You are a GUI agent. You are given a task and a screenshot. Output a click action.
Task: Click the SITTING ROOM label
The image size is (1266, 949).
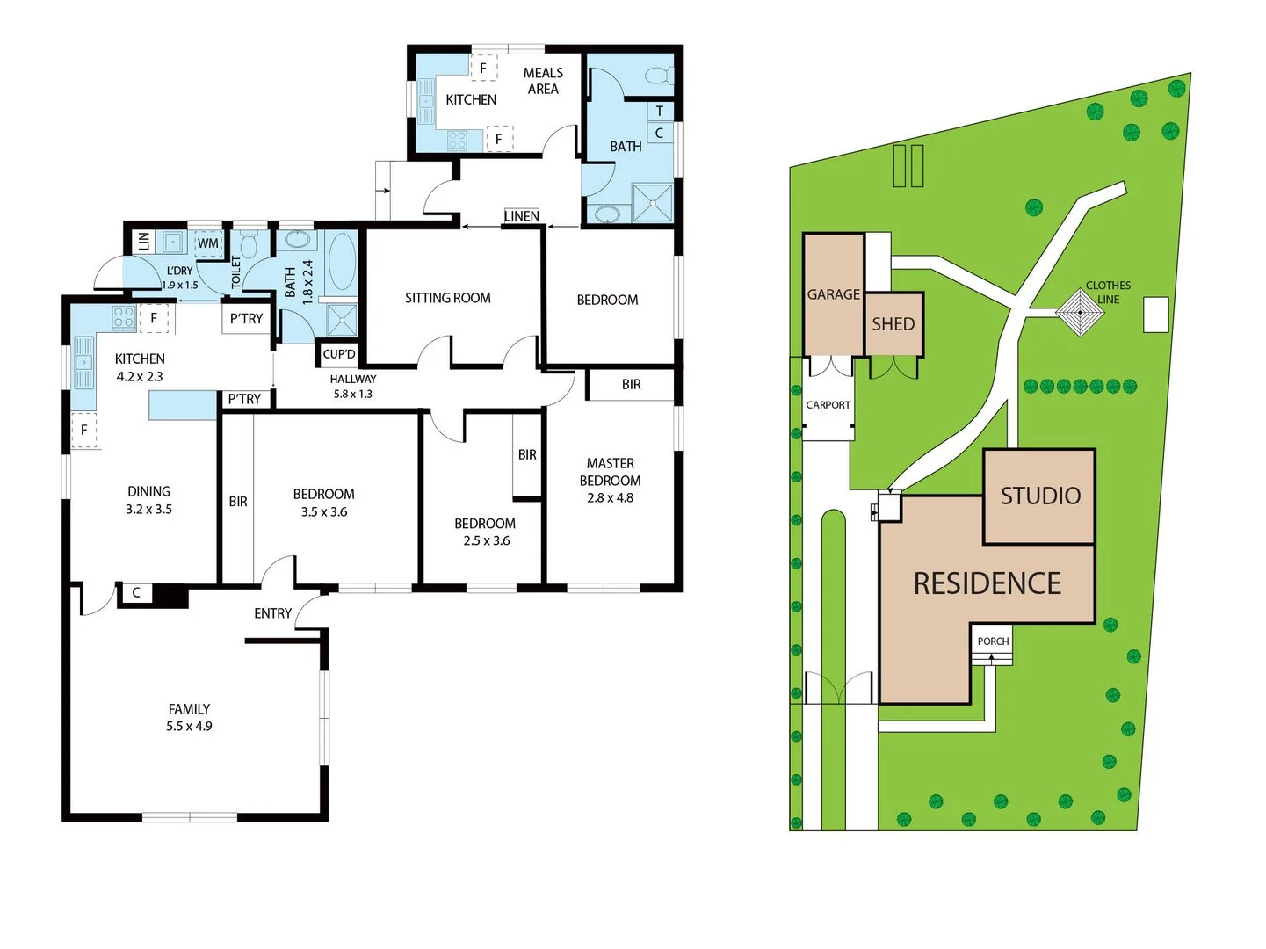[x=447, y=298]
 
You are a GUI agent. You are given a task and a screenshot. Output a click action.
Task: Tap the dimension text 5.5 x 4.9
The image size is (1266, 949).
[x=189, y=727]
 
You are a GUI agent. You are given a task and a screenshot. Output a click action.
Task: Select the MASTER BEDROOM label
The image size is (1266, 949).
[x=610, y=472]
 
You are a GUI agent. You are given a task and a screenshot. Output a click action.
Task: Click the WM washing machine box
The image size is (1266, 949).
[x=208, y=243]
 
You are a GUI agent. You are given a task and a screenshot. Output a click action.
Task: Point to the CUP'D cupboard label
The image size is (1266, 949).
[x=339, y=354]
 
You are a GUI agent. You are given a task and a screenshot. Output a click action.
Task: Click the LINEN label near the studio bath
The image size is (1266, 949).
[x=521, y=216]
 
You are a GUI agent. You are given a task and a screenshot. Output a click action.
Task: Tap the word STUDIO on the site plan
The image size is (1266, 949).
[x=1040, y=496]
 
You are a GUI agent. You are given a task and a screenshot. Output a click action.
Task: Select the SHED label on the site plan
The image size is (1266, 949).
[x=893, y=324]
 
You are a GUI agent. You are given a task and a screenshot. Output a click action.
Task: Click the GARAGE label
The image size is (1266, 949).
[x=833, y=294]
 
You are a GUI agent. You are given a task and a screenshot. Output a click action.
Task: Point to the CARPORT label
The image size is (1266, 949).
[x=828, y=405]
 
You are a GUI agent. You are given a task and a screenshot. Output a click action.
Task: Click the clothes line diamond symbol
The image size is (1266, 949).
[x=1080, y=312]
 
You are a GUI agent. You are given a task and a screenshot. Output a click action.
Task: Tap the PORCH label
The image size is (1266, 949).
[x=993, y=641]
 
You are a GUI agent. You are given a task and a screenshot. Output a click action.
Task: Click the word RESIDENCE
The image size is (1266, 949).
[x=987, y=583]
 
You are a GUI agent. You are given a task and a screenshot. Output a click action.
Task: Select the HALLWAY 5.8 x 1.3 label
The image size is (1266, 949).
[x=352, y=387]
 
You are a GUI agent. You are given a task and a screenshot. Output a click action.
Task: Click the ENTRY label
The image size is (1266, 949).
[x=272, y=613]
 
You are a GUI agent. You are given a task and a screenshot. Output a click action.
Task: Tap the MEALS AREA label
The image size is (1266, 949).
[x=543, y=81]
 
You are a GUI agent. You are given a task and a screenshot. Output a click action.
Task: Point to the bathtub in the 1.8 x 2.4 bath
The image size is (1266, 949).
[x=342, y=261]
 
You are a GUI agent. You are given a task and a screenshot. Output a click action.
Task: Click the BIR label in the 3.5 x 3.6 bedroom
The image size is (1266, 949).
[x=238, y=502]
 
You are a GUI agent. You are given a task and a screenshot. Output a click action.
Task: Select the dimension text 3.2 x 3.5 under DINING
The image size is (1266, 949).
[x=148, y=510]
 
